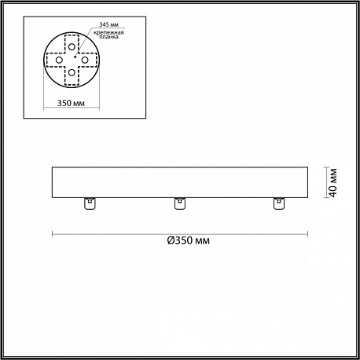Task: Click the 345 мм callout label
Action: (x=108, y=24)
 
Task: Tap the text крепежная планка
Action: (x=108, y=35)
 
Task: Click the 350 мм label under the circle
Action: (x=71, y=103)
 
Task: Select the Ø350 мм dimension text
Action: (x=189, y=241)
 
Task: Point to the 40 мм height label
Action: (x=333, y=182)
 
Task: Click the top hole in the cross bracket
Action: (x=72, y=47)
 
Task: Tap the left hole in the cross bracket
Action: (x=59, y=60)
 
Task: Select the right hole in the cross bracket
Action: (x=84, y=60)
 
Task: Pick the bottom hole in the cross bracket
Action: (x=72, y=72)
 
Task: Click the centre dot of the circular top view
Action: (x=75, y=57)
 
